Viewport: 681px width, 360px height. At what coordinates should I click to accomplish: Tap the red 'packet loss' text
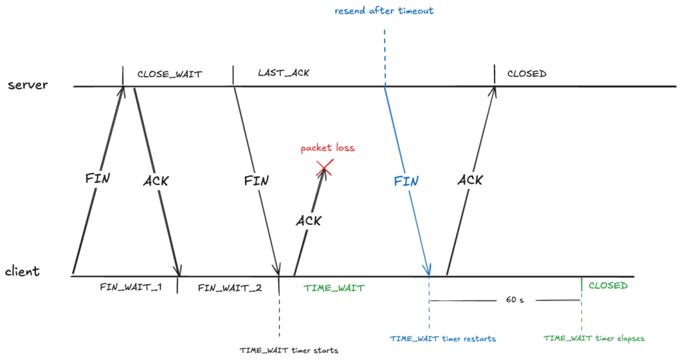tap(328, 148)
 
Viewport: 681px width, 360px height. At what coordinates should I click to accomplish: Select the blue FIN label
tap(406, 182)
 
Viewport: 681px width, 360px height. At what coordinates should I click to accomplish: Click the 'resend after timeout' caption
tap(385, 11)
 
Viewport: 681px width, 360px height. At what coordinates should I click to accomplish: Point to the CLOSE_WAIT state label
tap(169, 73)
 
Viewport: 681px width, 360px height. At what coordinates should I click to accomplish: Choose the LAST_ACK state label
tap(284, 73)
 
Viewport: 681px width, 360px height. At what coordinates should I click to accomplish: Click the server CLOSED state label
tap(527, 73)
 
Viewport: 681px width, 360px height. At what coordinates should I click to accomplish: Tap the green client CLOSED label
tap(608, 286)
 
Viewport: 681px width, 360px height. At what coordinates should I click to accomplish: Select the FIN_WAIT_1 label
tap(131, 287)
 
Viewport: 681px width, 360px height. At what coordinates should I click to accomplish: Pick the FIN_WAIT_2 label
tap(230, 287)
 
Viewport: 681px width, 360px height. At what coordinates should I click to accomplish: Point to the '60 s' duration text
tap(515, 300)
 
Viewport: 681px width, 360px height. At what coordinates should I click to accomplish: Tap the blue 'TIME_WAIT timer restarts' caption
tap(443, 339)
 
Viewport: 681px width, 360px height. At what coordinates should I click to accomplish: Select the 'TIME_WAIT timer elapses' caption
tap(594, 339)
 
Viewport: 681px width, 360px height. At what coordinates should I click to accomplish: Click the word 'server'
tap(28, 85)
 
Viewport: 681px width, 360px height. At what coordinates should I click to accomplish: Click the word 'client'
tap(23, 271)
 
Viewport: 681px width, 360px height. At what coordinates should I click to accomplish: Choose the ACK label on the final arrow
tap(470, 180)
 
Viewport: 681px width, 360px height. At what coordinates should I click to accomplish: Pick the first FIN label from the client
tap(97, 179)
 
